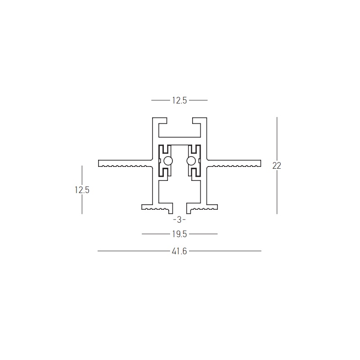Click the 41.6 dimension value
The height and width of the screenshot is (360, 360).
tap(179, 252)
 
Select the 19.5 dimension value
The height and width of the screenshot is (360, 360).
tap(180, 234)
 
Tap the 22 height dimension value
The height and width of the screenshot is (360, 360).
tap(277, 166)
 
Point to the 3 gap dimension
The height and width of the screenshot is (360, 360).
tap(179, 220)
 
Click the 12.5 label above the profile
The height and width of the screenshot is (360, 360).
tap(180, 100)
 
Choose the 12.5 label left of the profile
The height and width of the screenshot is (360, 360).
tap(82, 190)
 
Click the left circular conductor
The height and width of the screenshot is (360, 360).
tap(168, 161)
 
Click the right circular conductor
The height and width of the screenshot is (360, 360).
tap(191, 161)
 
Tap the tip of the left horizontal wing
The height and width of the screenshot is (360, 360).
tap(99, 163)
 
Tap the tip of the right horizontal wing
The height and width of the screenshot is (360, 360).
tap(261, 163)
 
